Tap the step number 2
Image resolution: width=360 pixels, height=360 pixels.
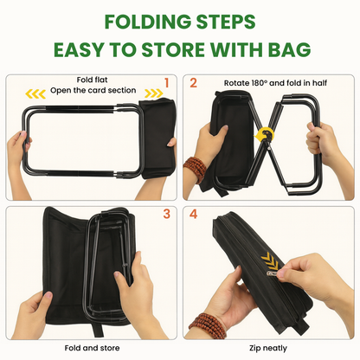(194, 84)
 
